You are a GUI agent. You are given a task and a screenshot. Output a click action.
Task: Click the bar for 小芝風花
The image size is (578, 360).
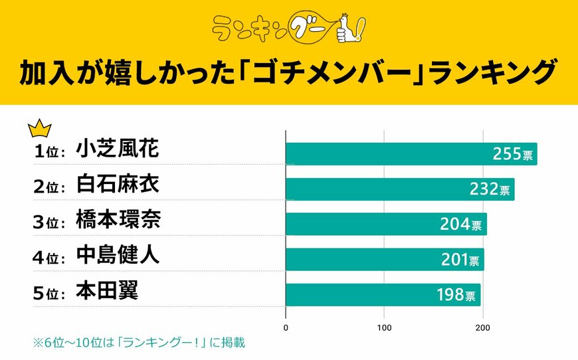point(411,154)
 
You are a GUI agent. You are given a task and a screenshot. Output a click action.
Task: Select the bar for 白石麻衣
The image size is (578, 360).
point(399,189)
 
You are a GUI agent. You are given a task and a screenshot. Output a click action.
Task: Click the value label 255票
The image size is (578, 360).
point(512,154)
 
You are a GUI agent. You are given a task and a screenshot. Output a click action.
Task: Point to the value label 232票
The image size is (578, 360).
point(490,189)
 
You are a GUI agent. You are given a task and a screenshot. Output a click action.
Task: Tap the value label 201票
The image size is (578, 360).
point(460,260)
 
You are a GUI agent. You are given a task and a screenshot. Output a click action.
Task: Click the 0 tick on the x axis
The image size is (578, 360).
point(286,327)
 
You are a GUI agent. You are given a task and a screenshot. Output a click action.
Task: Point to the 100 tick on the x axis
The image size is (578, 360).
point(384,327)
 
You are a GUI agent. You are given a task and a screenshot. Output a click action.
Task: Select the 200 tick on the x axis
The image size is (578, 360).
point(482,327)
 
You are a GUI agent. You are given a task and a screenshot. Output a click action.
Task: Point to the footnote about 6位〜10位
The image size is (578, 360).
point(130,343)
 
